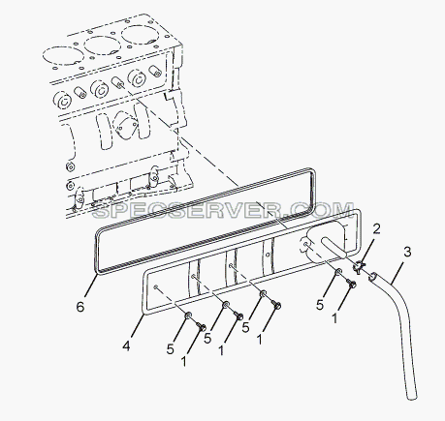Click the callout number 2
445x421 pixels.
pyautogui.click(x=376, y=229)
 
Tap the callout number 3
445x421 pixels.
pyautogui.click(x=407, y=252)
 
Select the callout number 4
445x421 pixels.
pyautogui.click(x=126, y=346)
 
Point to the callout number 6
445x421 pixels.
pyautogui.click(x=80, y=307)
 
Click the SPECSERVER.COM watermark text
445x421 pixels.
pyautogui.click(x=223, y=210)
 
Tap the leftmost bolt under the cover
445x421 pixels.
pyautogui.click(x=201, y=327)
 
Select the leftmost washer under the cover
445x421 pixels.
pyautogui.click(x=188, y=316)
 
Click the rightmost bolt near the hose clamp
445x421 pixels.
pyautogui.click(x=351, y=284)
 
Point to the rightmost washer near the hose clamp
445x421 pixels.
pyautogui.click(x=338, y=272)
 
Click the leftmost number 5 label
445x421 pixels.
pyautogui.click(x=171, y=349)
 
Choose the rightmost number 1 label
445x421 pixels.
pyautogui.click(x=334, y=318)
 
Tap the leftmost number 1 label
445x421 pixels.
pyautogui.click(x=183, y=361)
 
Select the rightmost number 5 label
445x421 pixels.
pyautogui.click(x=320, y=305)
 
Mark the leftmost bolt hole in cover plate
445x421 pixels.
pyautogui.click(x=156, y=287)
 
